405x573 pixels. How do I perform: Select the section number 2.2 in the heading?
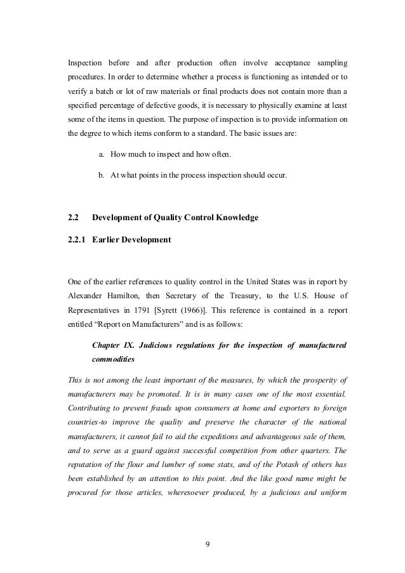tap(73, 218)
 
